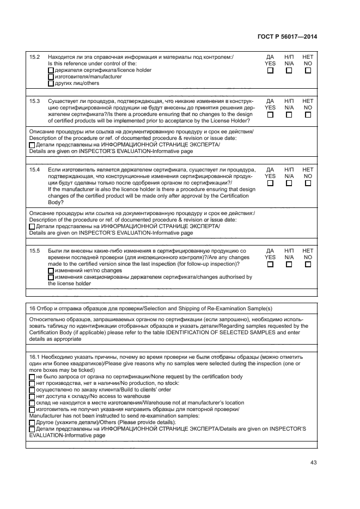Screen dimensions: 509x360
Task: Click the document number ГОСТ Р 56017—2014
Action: click(287, 36)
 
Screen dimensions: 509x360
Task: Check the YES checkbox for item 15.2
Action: click(270, 70)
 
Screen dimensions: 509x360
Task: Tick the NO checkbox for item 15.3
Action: click(308, 115)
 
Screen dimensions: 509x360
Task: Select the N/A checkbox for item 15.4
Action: click(289, 183)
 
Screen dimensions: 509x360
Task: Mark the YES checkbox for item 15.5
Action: click(270, 265)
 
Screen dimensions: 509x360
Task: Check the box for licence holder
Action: click(51, 70)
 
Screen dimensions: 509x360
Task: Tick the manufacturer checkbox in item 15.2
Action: click(51, 77)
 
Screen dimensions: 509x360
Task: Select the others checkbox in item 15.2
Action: click(51, 84)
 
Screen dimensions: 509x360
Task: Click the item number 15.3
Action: click(34, 101)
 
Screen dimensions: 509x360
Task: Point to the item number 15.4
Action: click(34, 170)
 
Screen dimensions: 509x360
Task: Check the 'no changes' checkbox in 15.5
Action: click(51, 271)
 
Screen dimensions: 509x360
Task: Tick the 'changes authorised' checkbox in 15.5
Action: click(51, 277)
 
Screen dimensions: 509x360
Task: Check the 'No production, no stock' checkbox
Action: click(32, 383)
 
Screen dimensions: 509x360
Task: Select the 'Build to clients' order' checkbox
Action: click(32, 390)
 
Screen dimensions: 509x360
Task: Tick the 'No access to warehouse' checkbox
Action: click(32, 396)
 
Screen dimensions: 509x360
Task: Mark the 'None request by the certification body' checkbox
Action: click(32, 377)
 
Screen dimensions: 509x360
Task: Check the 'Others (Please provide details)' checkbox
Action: click(32, 422)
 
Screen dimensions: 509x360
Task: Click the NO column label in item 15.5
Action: click(308, 257)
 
